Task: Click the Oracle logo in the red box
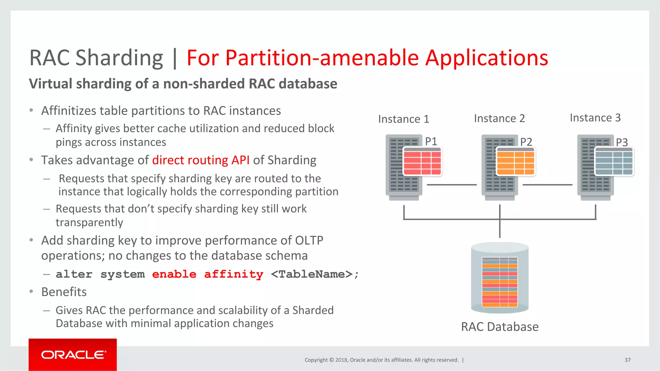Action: tap(73, 355)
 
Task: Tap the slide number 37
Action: tap(627, 360)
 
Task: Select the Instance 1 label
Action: tap(403, 119)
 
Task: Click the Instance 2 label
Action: tap(499, 118)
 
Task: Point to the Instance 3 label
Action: tap(595, 118)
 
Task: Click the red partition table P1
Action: tap(422, 162)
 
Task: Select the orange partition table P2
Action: tap(515, 162)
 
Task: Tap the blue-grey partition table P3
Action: tap(614, 162)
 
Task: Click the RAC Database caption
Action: tap(500, 327)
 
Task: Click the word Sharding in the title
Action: tap(119, 58)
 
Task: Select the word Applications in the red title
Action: tap(487, 58)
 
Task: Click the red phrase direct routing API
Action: tap(201, 160)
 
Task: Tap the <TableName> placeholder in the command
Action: tap(312, 274)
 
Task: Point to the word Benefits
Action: tap(64, 292)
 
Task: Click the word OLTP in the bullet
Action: tap(309, 240)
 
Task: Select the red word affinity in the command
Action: tap(234, 274)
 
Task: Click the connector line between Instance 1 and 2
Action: tap(451, 185)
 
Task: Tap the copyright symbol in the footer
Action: tap(332, 360)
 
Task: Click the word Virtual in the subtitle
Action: tap(51, 84)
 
